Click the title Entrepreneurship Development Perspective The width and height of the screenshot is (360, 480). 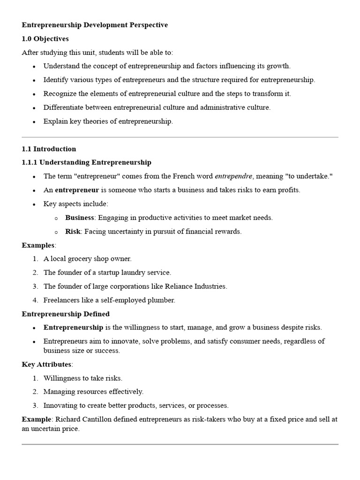(x=95, y=25)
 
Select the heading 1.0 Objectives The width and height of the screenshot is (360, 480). (x=45, y=39)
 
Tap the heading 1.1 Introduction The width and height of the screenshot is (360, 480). (x=49, y=149)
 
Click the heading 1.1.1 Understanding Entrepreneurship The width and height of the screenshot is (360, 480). (x=86, y=163)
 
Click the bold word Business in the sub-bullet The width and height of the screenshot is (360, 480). (x=79, y=217)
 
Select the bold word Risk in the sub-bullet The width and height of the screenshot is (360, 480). (x=73, y=231)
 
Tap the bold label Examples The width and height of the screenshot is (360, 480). (x=38, y=245)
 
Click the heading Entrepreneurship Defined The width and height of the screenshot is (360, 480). (x=66, y=314)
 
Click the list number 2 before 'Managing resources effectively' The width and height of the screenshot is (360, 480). (x=35, y=391)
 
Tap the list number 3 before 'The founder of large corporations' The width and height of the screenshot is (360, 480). (x=35, y=286)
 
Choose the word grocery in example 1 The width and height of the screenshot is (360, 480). (x=82, y=259)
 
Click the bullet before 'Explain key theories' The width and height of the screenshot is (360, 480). (x=34, y=122)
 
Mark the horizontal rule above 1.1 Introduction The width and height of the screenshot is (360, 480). (x=180, y=137)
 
